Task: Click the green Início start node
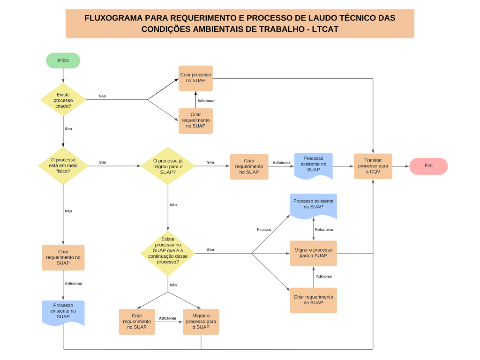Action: click(63, 60)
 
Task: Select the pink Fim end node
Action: click(428, 166)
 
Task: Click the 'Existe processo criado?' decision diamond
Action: click(63, 100)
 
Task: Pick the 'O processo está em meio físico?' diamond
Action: click(63, 165)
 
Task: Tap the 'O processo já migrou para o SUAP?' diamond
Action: click(168, 166)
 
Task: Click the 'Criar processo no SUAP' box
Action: click(195, 78)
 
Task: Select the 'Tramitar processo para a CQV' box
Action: click(373, 166)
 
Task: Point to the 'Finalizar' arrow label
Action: click(264, 230)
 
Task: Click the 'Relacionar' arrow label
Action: click(324, 230)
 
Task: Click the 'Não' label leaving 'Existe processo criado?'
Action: click(102, 96)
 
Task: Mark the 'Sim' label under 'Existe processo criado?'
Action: click(68, 128)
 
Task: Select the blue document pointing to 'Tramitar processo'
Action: click(313, 165)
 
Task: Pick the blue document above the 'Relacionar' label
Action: click(313, 205)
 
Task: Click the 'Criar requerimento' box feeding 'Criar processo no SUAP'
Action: click(195, 120)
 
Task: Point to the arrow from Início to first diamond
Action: click(63, 75)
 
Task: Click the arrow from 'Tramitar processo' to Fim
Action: click(401, 166)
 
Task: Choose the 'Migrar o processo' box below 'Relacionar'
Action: click(313, 253)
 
